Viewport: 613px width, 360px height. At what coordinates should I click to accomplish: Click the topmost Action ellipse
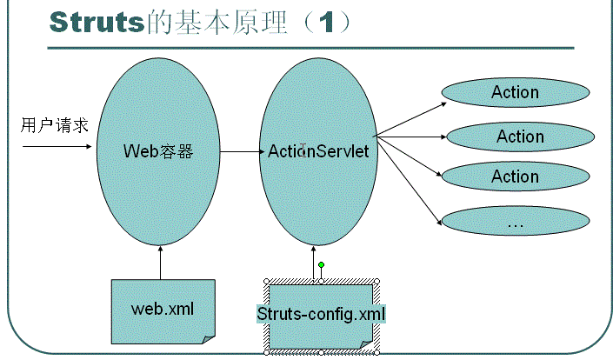[x=515, y=92]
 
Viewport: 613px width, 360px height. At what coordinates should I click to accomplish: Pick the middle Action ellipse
[x=520, y=136]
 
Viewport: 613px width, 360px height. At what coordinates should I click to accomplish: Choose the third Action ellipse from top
[x=515, y=177]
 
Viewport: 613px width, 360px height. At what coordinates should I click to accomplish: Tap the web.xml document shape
[x=163, y=309]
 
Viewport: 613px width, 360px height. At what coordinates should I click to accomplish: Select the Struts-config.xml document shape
[x=321, y=314]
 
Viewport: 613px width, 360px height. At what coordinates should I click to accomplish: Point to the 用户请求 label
[x=55, y=125]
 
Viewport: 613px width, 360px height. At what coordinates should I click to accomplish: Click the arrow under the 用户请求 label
[x=57, y=145]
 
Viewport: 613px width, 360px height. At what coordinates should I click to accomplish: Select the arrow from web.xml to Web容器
[x=163, y=262]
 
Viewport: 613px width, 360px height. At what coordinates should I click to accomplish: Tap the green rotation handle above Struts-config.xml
[x=321, y=264]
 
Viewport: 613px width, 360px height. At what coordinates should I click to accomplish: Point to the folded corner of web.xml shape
[x=208, y=337]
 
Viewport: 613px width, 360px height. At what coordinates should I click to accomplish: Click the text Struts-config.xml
[x=321, y=313]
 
